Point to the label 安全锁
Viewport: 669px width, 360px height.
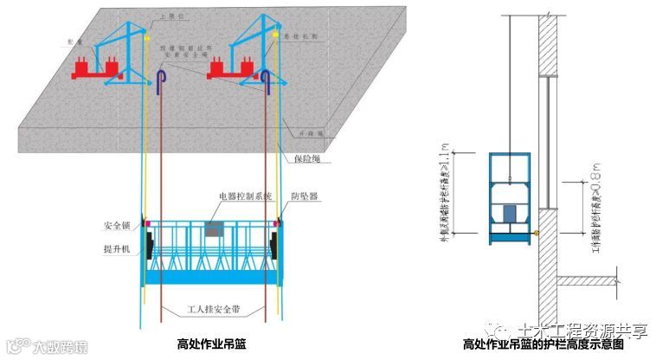tap(115, 227)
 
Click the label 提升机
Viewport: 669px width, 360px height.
tap(115, 249)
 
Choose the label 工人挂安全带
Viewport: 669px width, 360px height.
tap(212, 309)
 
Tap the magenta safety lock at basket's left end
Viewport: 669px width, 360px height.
tap(147, 224)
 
